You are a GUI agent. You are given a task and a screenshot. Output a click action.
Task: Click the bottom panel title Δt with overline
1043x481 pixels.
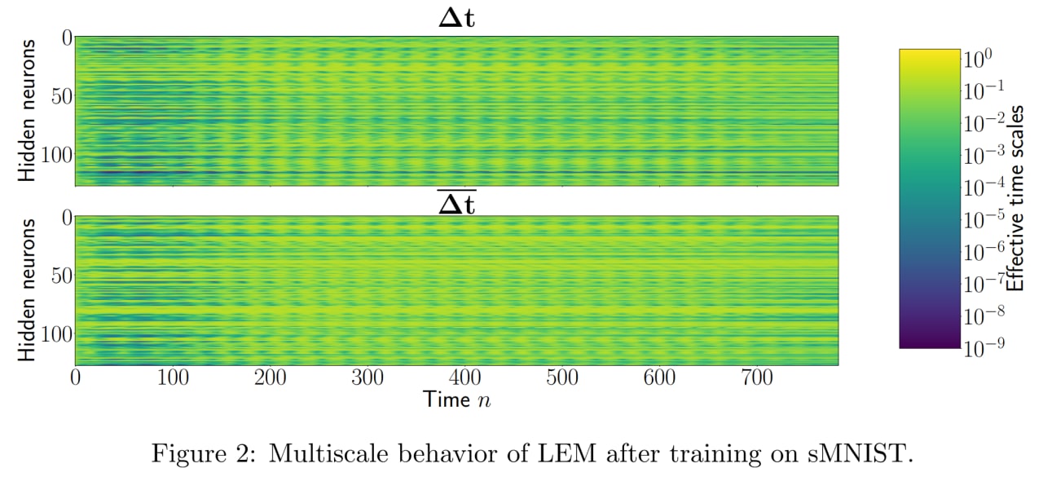(456, 204)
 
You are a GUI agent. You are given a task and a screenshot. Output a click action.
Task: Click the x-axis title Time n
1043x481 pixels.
(456, 399)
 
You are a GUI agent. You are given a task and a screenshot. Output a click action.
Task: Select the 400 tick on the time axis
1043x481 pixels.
(465, 378)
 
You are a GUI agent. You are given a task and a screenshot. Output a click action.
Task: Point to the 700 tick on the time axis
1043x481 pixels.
(757, 378)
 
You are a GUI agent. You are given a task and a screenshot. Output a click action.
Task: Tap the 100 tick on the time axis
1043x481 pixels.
(173, 378)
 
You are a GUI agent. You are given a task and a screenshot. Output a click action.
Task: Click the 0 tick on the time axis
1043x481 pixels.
(76, 378)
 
